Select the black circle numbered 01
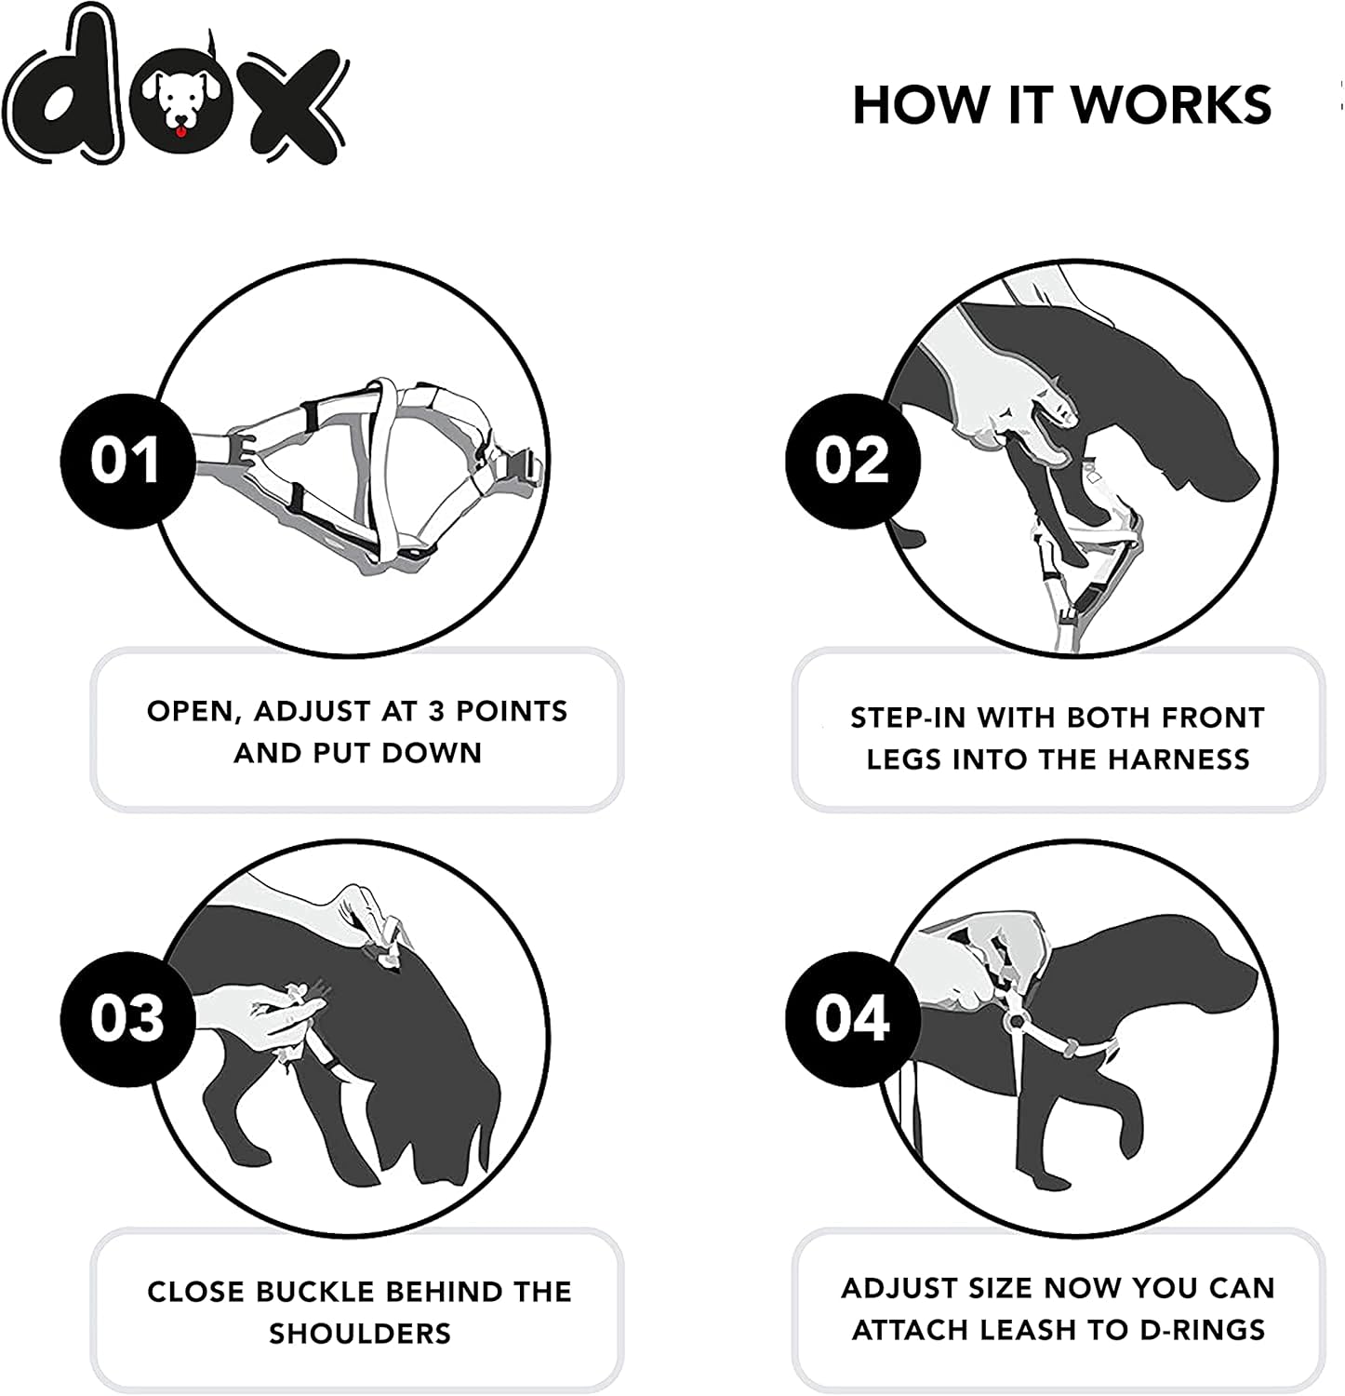[x=127, y=461]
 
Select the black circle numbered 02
[x=852, y=461]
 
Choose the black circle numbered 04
[x=852, y=1017]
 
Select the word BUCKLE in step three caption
[x=314, y=1293]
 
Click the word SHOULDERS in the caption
[x=360, y=1335]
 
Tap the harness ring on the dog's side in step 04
[x=1016, y=1021]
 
